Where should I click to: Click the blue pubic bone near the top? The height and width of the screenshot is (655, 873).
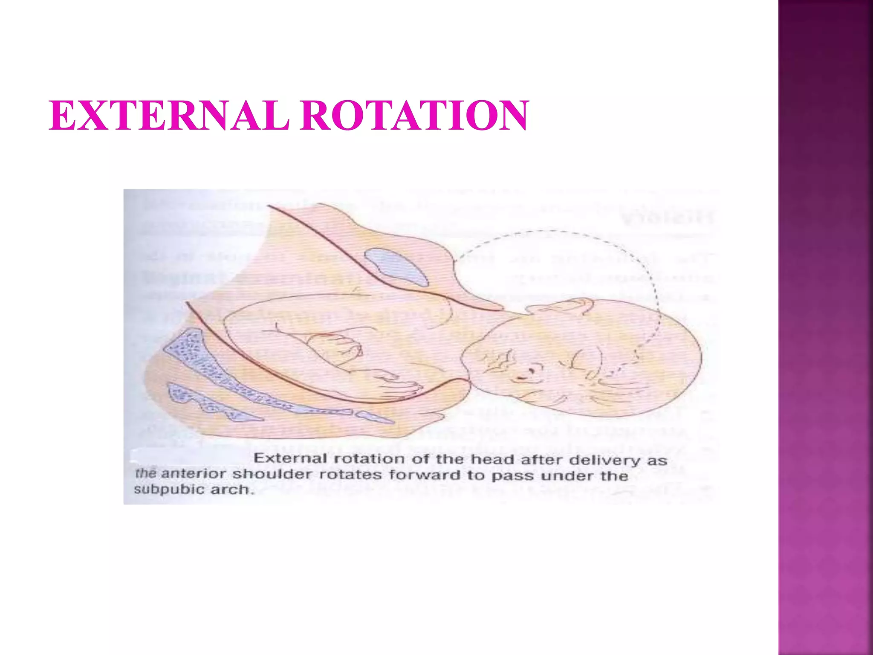(396, 267)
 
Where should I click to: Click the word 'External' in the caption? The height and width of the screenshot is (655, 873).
(290, 458)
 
